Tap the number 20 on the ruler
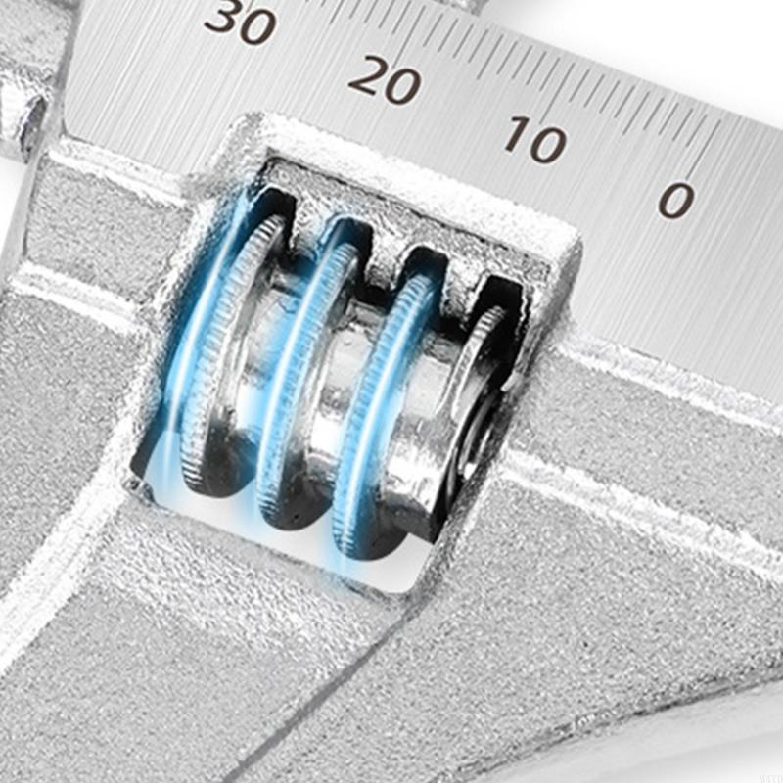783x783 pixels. tap(385, 79)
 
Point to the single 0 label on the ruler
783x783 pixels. tap(676, 200)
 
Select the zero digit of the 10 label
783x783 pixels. tap(548, 145)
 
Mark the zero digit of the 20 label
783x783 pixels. tap(403, 86)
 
